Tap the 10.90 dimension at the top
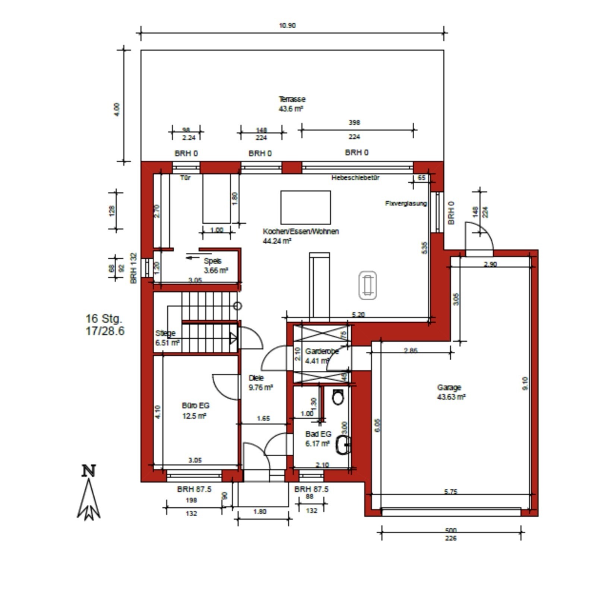pyautogui.click(x=287, y=26)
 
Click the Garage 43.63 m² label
pyautogui.click(x=451, y=392)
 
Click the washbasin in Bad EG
pyautogui.click(x=343, y=445)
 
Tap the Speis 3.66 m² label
pyautogui.click(x=215, y=266)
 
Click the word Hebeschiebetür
pyautogui.click(x=355, y=178)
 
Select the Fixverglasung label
pyautogui.click(x=406, y=203)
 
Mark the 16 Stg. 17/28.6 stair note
pyautogui.click(x=105, y=325)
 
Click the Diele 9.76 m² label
pyautogui.click(x=260, y=383)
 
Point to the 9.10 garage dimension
pyautogui.click(x=525, y=383)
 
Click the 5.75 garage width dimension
pyautogui.click(x=450, y=491)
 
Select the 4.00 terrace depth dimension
pyautogui.click(x=117, y=109)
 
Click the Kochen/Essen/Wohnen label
pyautogui.click(x=300, y=236)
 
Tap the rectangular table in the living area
pyautogui.click(x=305, y=207)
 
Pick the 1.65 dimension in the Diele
pyautogui.click(x=263, y=418)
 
